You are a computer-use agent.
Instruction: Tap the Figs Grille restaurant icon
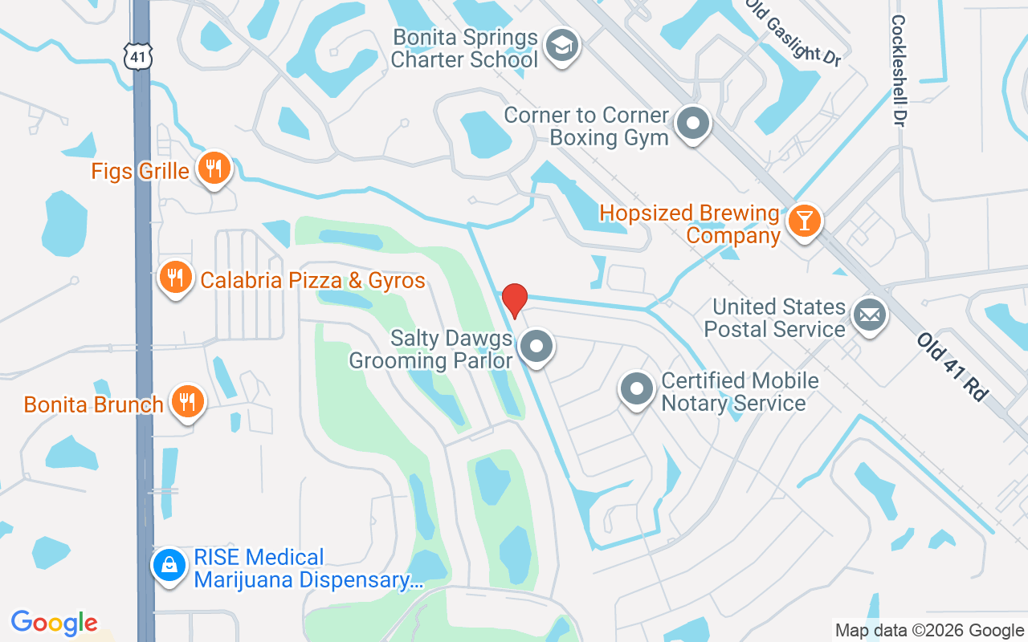tap(214, 169)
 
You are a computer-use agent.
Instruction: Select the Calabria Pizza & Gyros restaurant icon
tap(175, 278)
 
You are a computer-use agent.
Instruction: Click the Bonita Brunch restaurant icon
tap(188, 401)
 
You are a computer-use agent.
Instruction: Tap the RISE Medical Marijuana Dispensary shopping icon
tap(169, 567)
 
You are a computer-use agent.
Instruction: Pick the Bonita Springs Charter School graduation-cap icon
tap(562, 46)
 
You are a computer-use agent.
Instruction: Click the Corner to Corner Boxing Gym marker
tap(692, 124)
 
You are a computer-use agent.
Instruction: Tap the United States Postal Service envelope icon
tap(868, 315)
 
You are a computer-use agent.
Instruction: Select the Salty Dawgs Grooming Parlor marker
tap(536, 347)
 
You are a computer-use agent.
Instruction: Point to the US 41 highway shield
tap(136, 55)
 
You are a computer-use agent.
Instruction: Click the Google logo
tap(54, 623)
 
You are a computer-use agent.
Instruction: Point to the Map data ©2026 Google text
tap(929, 631)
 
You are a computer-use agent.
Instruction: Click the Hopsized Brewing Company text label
tap(690, 225)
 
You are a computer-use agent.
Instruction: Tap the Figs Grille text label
tap(141, 171)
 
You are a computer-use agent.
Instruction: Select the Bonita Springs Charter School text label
tap(465, 49)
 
